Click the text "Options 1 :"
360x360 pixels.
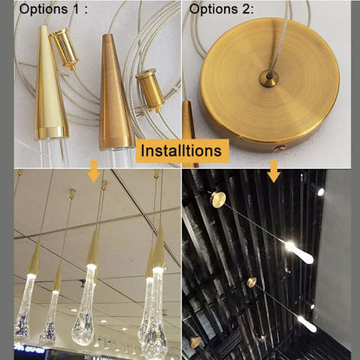point(54,11)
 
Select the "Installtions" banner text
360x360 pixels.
point(183,151)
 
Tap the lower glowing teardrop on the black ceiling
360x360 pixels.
point(306,322)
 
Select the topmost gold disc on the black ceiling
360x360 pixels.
point(218,199)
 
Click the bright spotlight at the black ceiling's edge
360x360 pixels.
point(320,191)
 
